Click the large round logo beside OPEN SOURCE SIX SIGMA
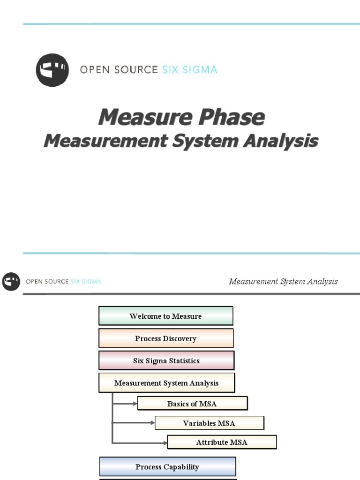52,70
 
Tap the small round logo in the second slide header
11,282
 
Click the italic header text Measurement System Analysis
283,282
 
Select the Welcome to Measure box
165,316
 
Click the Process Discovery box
165,338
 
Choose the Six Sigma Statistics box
166,361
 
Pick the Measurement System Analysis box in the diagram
166,383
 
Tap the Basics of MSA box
192,404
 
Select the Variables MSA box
209,423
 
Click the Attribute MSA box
222,442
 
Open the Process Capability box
167,467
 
